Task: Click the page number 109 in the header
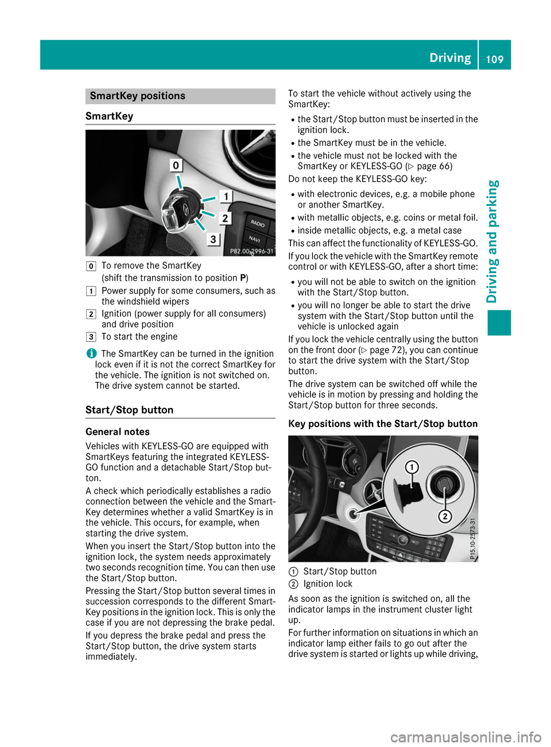(x=495, y=59)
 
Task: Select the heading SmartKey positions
(x=137, y=96)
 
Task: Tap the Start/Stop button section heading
(x=129, y=410)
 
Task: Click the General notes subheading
(x=118, y=431)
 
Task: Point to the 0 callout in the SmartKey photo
(x=176, y=165)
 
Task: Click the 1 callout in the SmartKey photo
(x=226, y=197)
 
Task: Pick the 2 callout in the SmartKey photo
(x=225, y=218)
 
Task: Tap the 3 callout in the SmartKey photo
(x=213, y=239)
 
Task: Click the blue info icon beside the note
(x=90, y=353)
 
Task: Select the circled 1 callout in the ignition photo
(x=412, y=467)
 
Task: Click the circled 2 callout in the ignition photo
(x=444, y=516)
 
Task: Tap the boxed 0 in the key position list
(x=91, y=266)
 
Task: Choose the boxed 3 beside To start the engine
(x=91, y=337)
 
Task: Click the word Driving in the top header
(x=450, y=58)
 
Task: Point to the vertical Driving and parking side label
(x=492, y=241)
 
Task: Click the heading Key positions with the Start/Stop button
(x=383, y=423)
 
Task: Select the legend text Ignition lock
(x=328, y=584)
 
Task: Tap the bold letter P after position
(x=243, y=278)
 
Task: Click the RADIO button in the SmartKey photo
(x=258, y=223)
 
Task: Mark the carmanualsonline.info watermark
(x=465, y=737)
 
